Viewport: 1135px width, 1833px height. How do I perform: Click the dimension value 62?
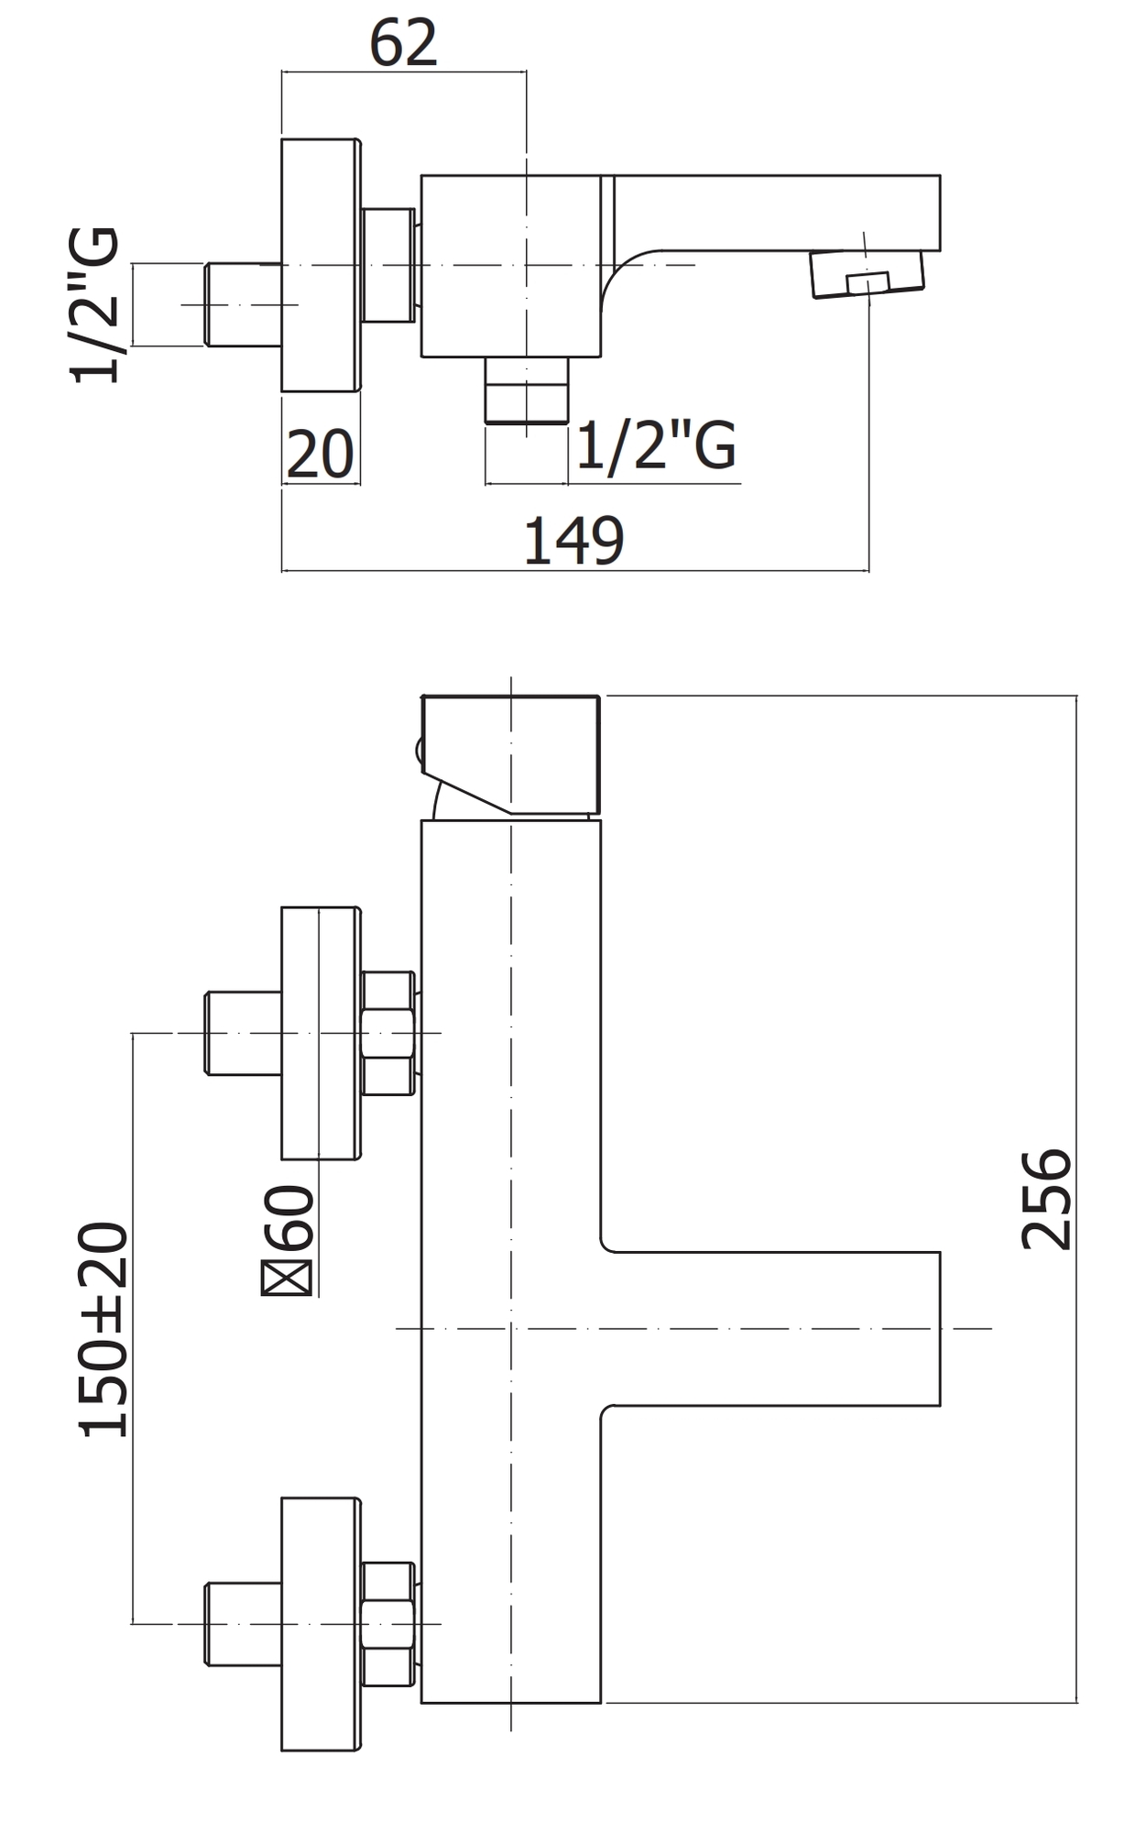point(403,42)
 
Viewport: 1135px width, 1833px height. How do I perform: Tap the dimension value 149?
point(573,541)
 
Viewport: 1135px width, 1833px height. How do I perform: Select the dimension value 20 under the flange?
point(320,454)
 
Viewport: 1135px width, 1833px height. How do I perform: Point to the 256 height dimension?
point(1046,1199)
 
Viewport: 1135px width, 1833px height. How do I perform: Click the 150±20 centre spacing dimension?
point(104,1329)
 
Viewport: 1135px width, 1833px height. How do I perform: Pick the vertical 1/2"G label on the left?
point(94,304)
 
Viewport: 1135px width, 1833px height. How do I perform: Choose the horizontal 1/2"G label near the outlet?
point(656,446)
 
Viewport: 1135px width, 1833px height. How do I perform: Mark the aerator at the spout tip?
point(868,273)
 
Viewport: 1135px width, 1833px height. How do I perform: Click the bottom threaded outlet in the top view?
point(526,390)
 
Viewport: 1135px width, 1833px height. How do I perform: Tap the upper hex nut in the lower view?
point(388,1033)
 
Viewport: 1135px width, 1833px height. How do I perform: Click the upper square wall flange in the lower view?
point(320,1033)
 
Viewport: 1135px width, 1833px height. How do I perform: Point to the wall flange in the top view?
point(320,265)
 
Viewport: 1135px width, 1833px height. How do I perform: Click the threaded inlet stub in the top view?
point(243,304)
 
